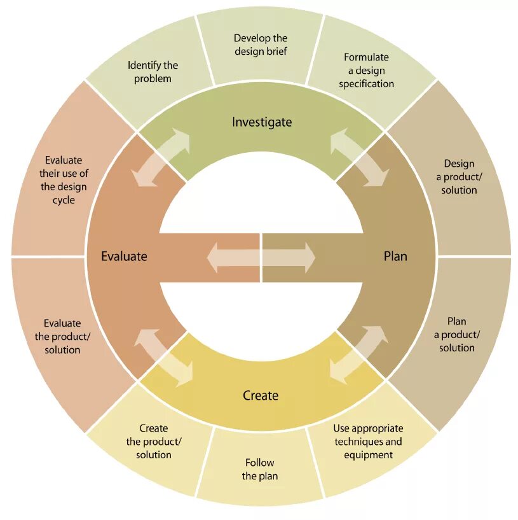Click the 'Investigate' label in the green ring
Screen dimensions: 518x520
pos(261,122)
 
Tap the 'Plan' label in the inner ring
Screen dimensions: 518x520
pos(395,256)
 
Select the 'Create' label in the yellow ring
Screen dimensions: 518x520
pos(261,396)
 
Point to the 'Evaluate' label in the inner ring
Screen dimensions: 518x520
pos(124,256)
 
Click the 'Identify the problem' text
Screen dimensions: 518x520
pos(153,72)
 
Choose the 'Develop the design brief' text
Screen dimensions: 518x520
pos(261,45)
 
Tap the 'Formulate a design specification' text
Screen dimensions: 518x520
pos(366,71)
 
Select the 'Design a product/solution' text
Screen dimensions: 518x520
pos(460,177)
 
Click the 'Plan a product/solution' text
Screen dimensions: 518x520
pos(457,334)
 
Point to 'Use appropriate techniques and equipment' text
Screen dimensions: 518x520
pos(368,442)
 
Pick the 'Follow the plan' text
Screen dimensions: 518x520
pos(260,470)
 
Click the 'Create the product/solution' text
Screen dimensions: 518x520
pos(153,442)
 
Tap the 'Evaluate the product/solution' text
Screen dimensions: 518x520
pos(62,337)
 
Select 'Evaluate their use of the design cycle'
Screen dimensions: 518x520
pos(64,180)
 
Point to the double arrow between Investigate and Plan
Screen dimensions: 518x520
pos(360,158)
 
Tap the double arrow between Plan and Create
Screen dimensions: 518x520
pos(358,355)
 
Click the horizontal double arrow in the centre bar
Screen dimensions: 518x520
pos(261,257)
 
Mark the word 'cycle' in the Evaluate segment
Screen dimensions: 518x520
pos(64,200)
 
